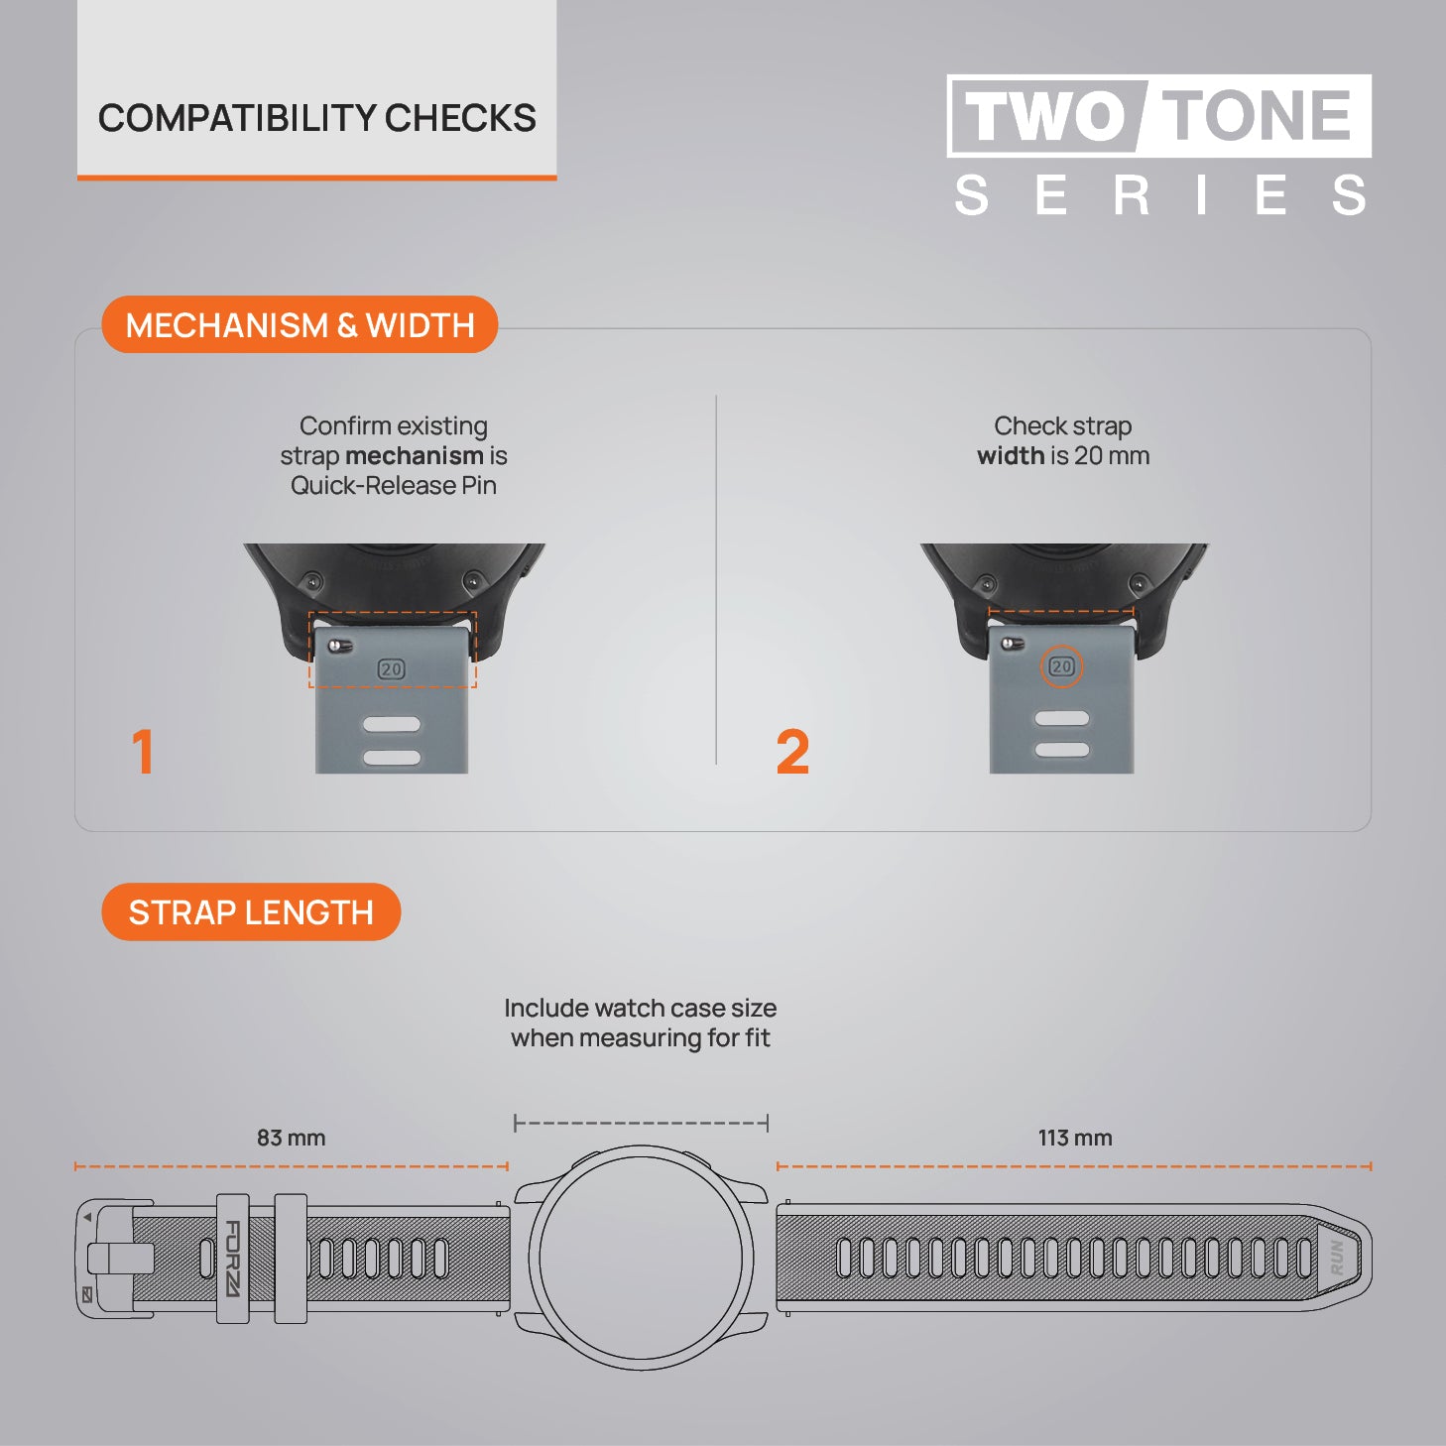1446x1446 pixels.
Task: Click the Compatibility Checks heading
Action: tap(316, 118)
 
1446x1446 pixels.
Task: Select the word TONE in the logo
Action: tap(1256, 115)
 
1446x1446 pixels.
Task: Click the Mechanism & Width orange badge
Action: tap(300, 325)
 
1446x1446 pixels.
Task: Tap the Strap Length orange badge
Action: tap(251, 911)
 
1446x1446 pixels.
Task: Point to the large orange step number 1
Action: tap(143, 751)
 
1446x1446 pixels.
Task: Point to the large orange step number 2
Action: tap(792, 751)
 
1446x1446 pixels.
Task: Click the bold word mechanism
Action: tap(415, 455)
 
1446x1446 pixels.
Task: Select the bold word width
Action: tap(1011, 455)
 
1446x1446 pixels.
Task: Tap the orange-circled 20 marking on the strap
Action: tap(1061, 665)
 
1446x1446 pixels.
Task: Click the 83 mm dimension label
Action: tap(292, 1138)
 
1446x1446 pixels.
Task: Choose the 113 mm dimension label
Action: tap(1075, 1138)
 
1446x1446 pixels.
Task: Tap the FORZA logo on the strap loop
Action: tap(233, 1259)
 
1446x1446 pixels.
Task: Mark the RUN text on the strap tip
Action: tap(1337, 1258)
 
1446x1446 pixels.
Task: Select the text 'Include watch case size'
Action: tap(640, 1008)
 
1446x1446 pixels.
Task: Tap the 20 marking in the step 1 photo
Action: tap(391, 668)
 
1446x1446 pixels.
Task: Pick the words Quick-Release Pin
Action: tap(393, 486)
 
